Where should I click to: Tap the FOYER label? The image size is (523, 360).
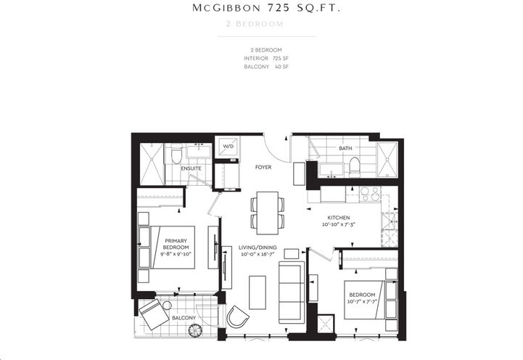(x=263, y=166)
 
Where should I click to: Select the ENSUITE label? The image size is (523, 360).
(x=192, y=168)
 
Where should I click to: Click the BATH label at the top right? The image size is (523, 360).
(x=345, y=148)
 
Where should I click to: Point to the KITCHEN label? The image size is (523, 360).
(x=339, y=217)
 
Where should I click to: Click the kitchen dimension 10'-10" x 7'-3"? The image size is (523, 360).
(x=339, y=225)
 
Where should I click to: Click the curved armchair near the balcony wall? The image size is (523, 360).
(x=236, y=316)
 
